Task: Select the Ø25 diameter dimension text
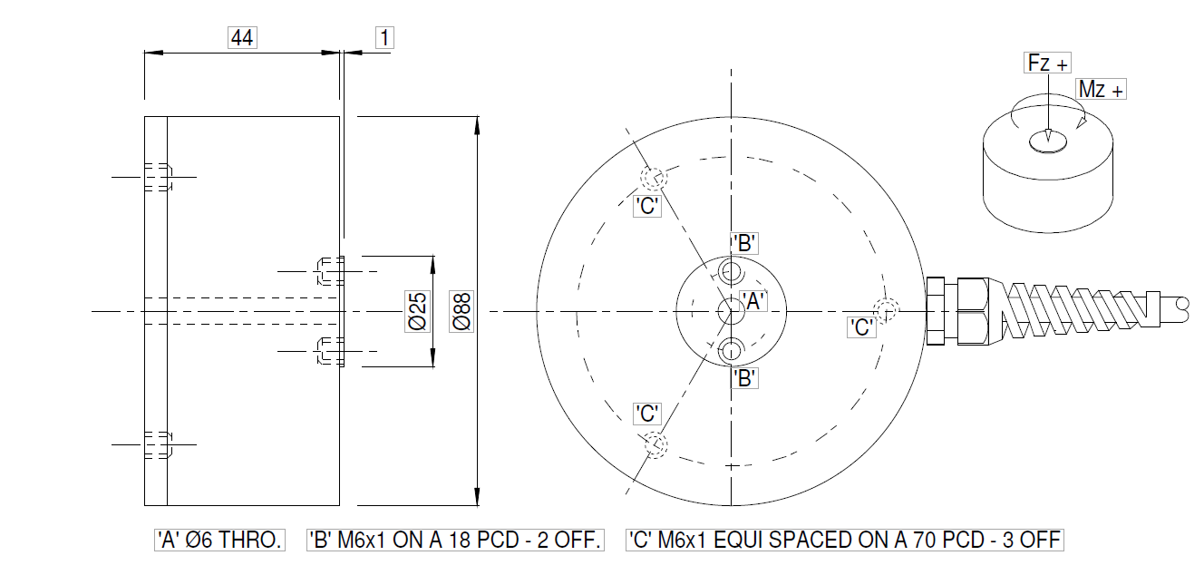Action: (x=417, y=311)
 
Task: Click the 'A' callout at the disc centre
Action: (x=753, y=302)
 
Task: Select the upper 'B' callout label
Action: (x=744, y=243)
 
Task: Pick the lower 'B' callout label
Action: (x=744, y=379)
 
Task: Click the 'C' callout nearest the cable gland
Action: (x=862, y=327)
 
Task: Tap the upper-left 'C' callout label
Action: (x=646, y=206)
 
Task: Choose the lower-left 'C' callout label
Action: (x=646, y=414)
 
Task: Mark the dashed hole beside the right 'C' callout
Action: (x=886, y=309)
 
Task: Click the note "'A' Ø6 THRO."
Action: (x=219, y=541)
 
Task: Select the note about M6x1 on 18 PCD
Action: (x=455, y=541)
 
